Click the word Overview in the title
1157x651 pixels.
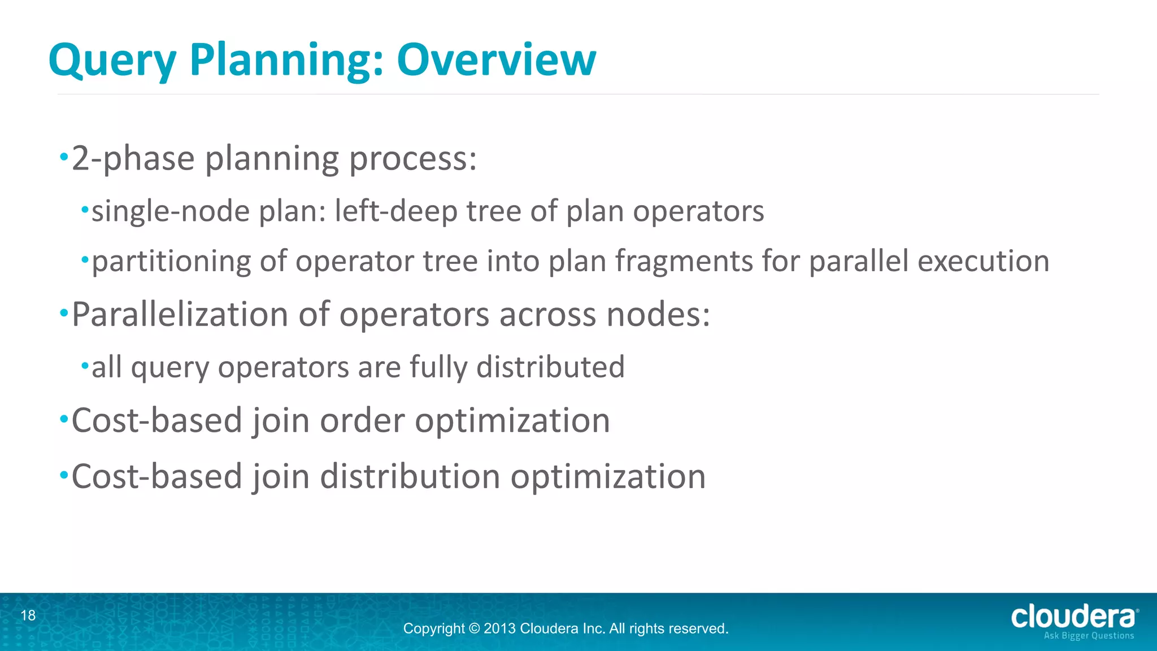pyautogui.click(x=496, y=59)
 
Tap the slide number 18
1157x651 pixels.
pyautogui.click(x=28, y=615)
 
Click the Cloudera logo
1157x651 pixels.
pyautogui.click(x=1074, y=617)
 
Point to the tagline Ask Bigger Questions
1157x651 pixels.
pyautogui.click(x=1089, y=636)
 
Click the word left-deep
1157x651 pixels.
pyautogui.click(x=395, y=211)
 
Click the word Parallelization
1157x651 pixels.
pyautogui.click(x=180, y=314)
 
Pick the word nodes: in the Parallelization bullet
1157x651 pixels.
pyautogui.click(x=658, y=314)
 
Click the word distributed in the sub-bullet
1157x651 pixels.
pyautogui.click(x=550, y=367)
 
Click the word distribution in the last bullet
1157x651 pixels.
pyautogui.click(x=410, y=476)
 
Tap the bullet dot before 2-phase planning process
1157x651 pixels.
pyautogui.click(x=64, y=155)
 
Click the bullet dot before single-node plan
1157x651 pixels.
pyautogui.click(x=85, y=210)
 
